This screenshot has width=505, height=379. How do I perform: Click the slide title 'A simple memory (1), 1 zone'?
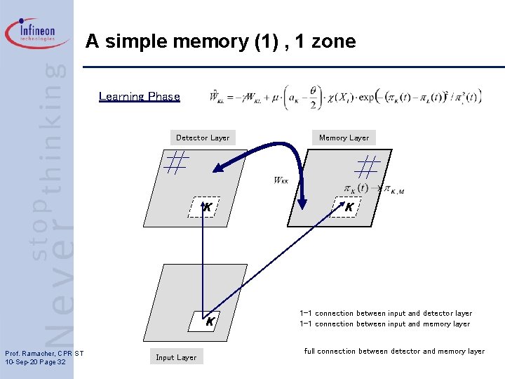(220, 42)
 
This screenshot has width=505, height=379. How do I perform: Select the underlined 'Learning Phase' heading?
(139, 97)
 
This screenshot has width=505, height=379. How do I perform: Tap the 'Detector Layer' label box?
(202, 138)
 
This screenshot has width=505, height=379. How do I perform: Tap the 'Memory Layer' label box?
(343, 138)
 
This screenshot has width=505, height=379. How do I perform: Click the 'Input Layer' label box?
(176, 357)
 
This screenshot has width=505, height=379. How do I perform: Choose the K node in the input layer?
(208, 321)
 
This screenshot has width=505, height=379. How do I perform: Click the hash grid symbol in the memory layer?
(367, 167)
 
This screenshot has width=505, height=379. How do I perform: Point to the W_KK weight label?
(281, 181)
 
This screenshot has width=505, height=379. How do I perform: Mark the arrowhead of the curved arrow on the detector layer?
(220, 168)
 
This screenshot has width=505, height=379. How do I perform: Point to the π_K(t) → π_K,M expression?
(374, 189)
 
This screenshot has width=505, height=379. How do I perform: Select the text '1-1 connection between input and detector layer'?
(385, 314)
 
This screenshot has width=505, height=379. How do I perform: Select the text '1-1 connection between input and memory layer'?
(384, 324)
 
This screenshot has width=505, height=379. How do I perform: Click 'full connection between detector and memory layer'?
(394, 351)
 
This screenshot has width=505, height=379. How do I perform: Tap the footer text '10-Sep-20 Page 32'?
(35, 361)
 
